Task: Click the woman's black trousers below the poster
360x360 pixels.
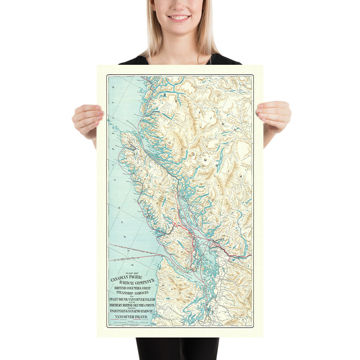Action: [177, 349]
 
